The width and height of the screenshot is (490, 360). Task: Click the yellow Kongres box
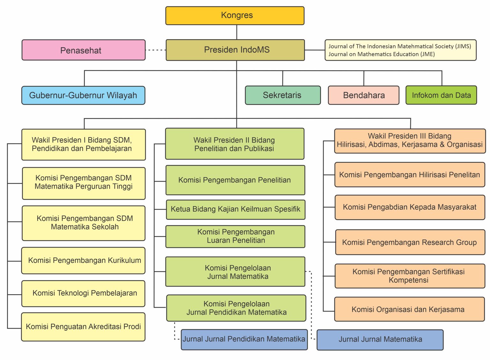[235, 16]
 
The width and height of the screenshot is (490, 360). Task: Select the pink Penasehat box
[84, 50]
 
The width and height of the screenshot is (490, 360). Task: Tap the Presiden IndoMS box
[235, 50]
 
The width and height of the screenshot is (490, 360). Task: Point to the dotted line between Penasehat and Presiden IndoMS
[156, 50]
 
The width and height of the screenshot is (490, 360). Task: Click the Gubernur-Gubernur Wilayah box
[83, 95]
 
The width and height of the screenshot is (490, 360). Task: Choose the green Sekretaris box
[283, 95]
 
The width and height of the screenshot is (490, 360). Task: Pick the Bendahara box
[364, 95]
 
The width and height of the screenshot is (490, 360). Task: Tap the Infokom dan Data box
[441, 95]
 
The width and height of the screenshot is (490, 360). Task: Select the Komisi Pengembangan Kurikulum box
[83, 260]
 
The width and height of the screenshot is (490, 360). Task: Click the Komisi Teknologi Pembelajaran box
[83, 294]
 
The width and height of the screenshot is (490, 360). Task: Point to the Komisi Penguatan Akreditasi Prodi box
[83, 327]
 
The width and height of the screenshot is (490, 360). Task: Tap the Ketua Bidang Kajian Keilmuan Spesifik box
[236, 210]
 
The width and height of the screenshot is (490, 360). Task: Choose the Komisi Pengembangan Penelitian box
[235, 180]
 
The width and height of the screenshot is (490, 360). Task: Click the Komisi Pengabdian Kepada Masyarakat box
[410, 207]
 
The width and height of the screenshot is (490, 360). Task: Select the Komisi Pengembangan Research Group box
[410, 242]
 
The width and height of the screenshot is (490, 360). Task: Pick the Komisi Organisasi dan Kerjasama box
[410, 309]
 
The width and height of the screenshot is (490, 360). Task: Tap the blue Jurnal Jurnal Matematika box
[380, 340]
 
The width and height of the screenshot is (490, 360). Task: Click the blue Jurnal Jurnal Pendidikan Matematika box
[244, 340]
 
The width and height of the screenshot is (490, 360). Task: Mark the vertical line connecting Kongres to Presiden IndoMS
[237, 32]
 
